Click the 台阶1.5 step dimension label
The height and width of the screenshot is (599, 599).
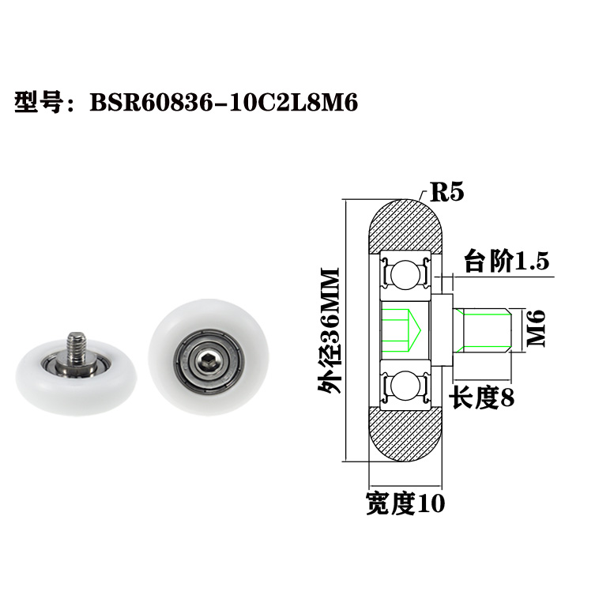(x=506, y=261)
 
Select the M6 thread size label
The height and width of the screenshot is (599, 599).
(x=537, y=328)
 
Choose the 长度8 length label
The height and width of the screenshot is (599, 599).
(x=482, y=397)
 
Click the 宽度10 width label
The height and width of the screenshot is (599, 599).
(x=405, y=503)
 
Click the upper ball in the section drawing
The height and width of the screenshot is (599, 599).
(x=405, y=272)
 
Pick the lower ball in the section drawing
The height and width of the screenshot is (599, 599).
(x=405, y=385)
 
